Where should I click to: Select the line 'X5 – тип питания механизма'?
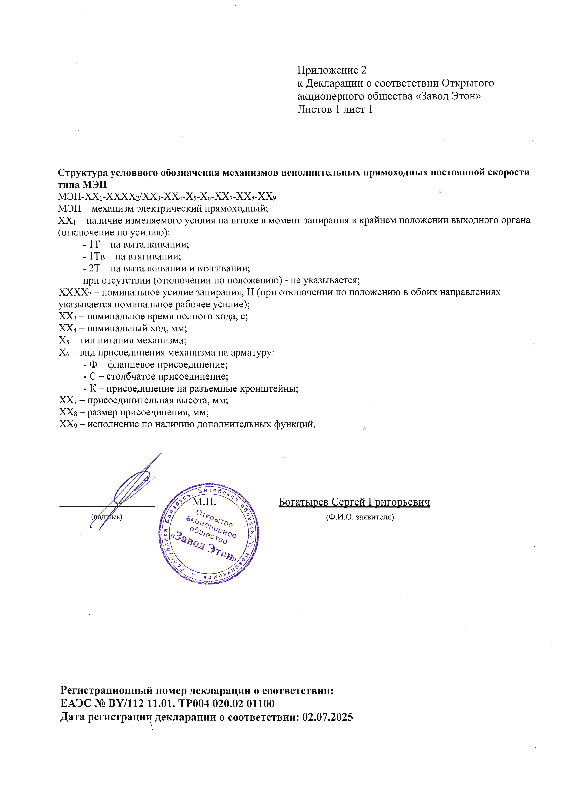[x=123, y=340]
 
